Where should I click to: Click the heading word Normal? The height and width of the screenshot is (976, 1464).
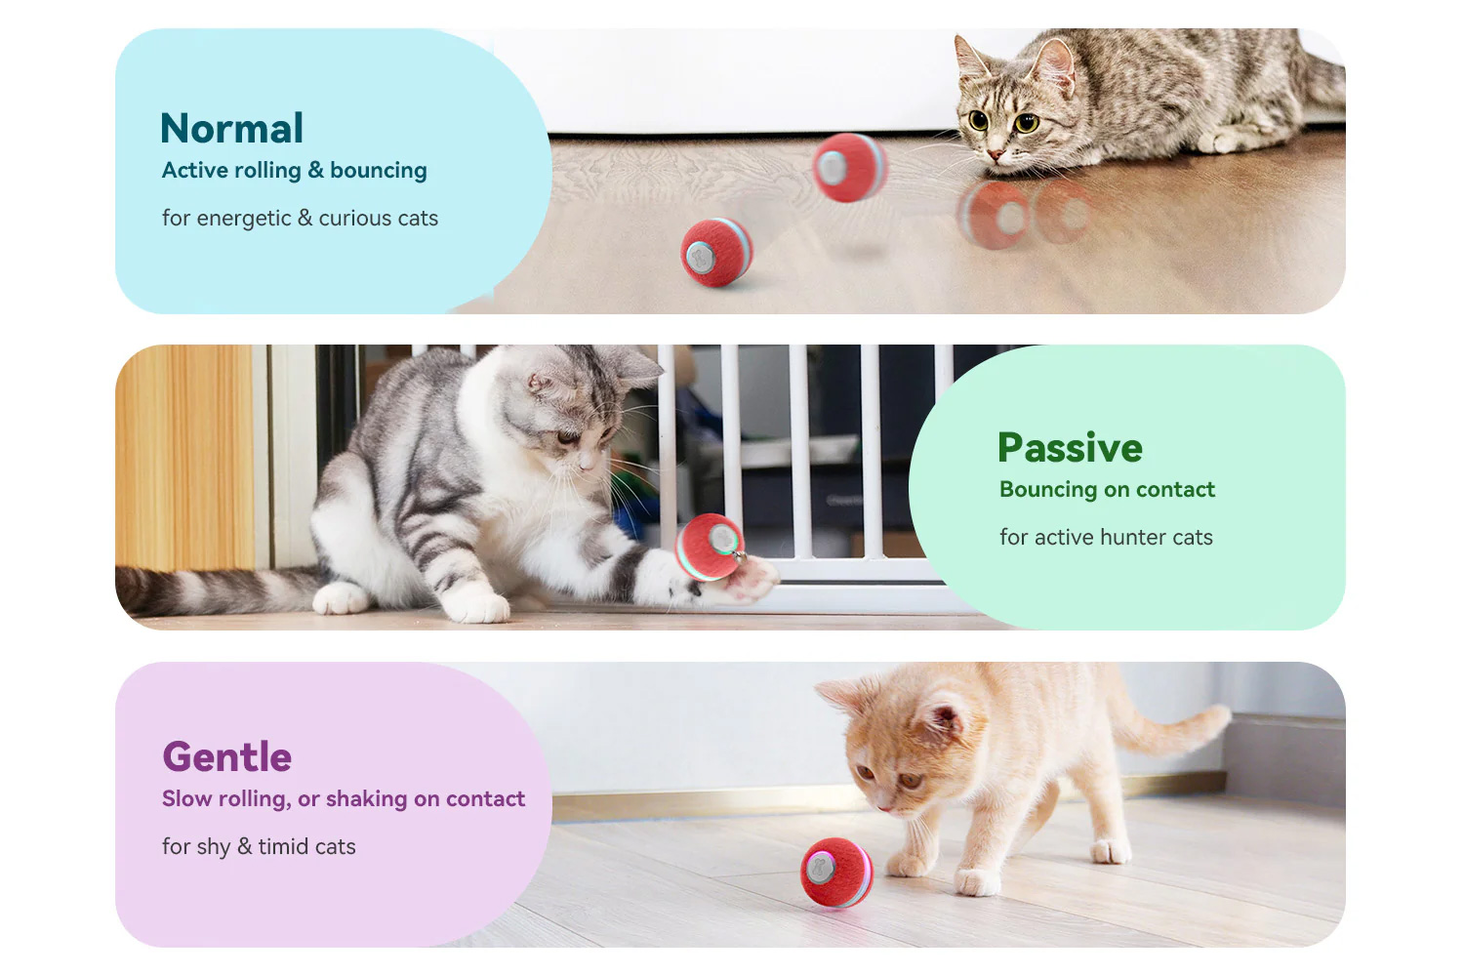click(x=231, y=128)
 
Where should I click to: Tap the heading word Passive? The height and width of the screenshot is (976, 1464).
click(x=1070, y=448)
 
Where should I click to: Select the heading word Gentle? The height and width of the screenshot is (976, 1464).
click(x=226, y=757)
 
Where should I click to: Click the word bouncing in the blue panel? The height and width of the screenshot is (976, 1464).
click(x=379, y=171)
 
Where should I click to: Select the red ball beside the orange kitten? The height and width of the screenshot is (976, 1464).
click(x=835, y=873)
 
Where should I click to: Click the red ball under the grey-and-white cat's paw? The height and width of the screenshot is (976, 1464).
click(x=710, y=548)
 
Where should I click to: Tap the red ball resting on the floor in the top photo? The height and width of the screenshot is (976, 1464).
click(x=716, y=253)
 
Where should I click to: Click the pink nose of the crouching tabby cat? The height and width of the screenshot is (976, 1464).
click(x=996, y=155)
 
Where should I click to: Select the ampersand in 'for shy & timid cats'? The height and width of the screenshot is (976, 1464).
click(x=244, y=846)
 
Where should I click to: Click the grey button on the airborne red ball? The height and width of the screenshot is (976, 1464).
click(x=832, y=167)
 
